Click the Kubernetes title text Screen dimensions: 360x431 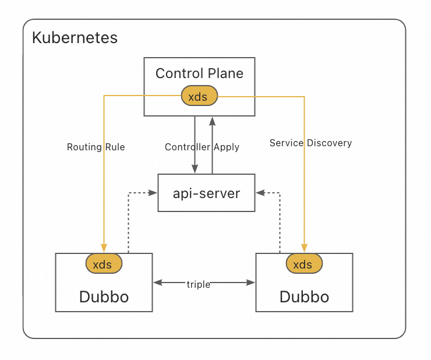(x=75, y=38)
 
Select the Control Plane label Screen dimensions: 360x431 (x=199, y=73)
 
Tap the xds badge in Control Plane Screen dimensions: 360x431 (x=199, y=97)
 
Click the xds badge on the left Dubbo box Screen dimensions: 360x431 (x=103, y=264)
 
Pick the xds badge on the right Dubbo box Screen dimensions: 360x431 (x=303, y=264)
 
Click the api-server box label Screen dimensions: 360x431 (x=207, y=193)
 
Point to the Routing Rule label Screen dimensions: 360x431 (x=96, y=147)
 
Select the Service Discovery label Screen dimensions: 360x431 (x=310, y=143)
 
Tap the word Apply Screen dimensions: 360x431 (x=227, y=147)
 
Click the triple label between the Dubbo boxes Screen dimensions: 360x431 (x=199, y=284)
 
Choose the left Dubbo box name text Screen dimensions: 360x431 (x=104, y=297)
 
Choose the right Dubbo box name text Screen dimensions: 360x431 (x=304, y=297)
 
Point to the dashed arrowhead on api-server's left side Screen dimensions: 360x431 (x=154, y=193)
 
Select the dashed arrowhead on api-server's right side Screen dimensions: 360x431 (x=260, y=193)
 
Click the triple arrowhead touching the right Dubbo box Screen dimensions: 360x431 (x=251, y=283)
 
